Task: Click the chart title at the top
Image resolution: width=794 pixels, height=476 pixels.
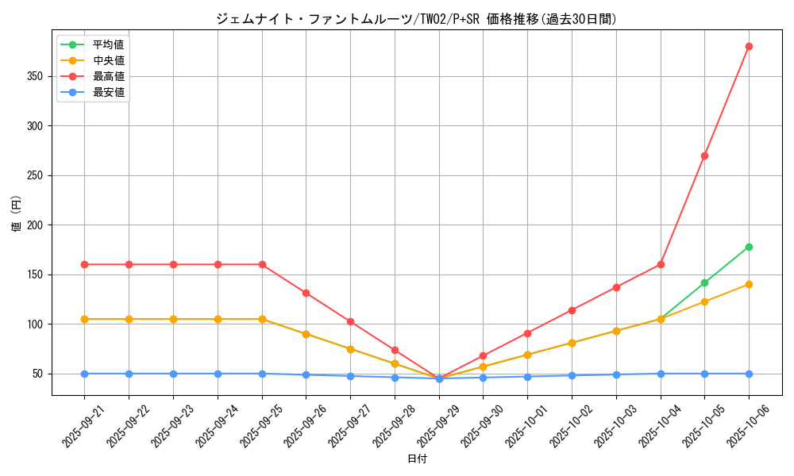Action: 416,19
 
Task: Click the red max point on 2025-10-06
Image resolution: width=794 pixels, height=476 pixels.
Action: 749,46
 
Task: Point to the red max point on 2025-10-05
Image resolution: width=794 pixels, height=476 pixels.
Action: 704,155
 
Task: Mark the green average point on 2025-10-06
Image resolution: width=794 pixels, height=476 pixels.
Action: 749,247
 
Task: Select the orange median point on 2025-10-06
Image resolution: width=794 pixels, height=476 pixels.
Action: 749,284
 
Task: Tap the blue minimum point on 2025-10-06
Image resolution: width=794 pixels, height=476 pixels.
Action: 749,374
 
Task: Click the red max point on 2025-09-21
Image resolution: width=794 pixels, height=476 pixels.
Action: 84,264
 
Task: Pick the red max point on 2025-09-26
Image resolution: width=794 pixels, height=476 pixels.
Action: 306,293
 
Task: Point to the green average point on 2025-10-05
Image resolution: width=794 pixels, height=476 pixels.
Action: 704,282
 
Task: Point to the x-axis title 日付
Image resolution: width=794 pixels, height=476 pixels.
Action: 417,459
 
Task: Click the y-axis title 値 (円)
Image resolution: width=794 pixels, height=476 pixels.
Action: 17,215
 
